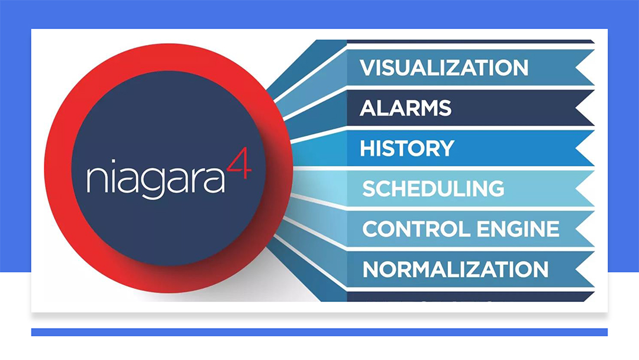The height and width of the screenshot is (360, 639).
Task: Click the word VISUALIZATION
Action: tap(444, 67)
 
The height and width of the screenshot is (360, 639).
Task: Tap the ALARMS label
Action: tap(405, 108)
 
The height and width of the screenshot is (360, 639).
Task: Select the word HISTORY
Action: tap(406, 148)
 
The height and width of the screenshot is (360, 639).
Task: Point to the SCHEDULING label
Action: tap(433, 188)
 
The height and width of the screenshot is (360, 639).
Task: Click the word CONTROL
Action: tap(417, 229)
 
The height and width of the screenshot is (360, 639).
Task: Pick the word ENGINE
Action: tap(518, 229)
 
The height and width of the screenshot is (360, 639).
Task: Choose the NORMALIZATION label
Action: tap(455, 269)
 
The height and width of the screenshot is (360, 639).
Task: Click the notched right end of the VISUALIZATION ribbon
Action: tap(585, 67)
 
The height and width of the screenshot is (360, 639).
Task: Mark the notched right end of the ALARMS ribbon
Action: tap(585, 108)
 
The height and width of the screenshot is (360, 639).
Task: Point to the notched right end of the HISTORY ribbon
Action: tap(585, 148)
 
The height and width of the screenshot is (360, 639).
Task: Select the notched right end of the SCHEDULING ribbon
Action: tap(585, 188)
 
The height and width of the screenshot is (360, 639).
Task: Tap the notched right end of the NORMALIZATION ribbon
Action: tap(585, 269)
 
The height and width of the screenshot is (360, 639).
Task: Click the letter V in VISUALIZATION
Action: tap(369, 67)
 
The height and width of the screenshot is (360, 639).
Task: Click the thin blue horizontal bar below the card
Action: tap(319, 332)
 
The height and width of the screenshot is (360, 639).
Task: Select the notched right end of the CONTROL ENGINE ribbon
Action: tap(585, 229)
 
